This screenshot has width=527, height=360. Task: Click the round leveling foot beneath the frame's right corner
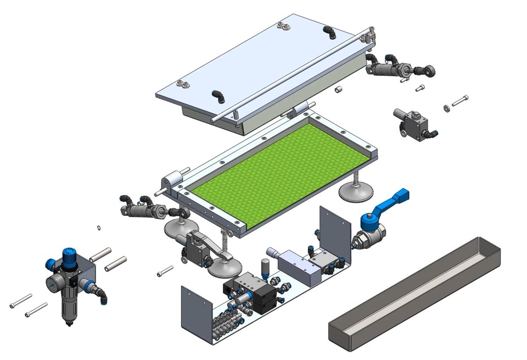tap(357, 192)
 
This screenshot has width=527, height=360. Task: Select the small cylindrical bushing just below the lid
tap(339, 90)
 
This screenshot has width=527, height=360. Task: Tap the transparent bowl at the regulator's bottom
tap(69, 310)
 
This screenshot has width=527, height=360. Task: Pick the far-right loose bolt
tap(460, 100)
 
